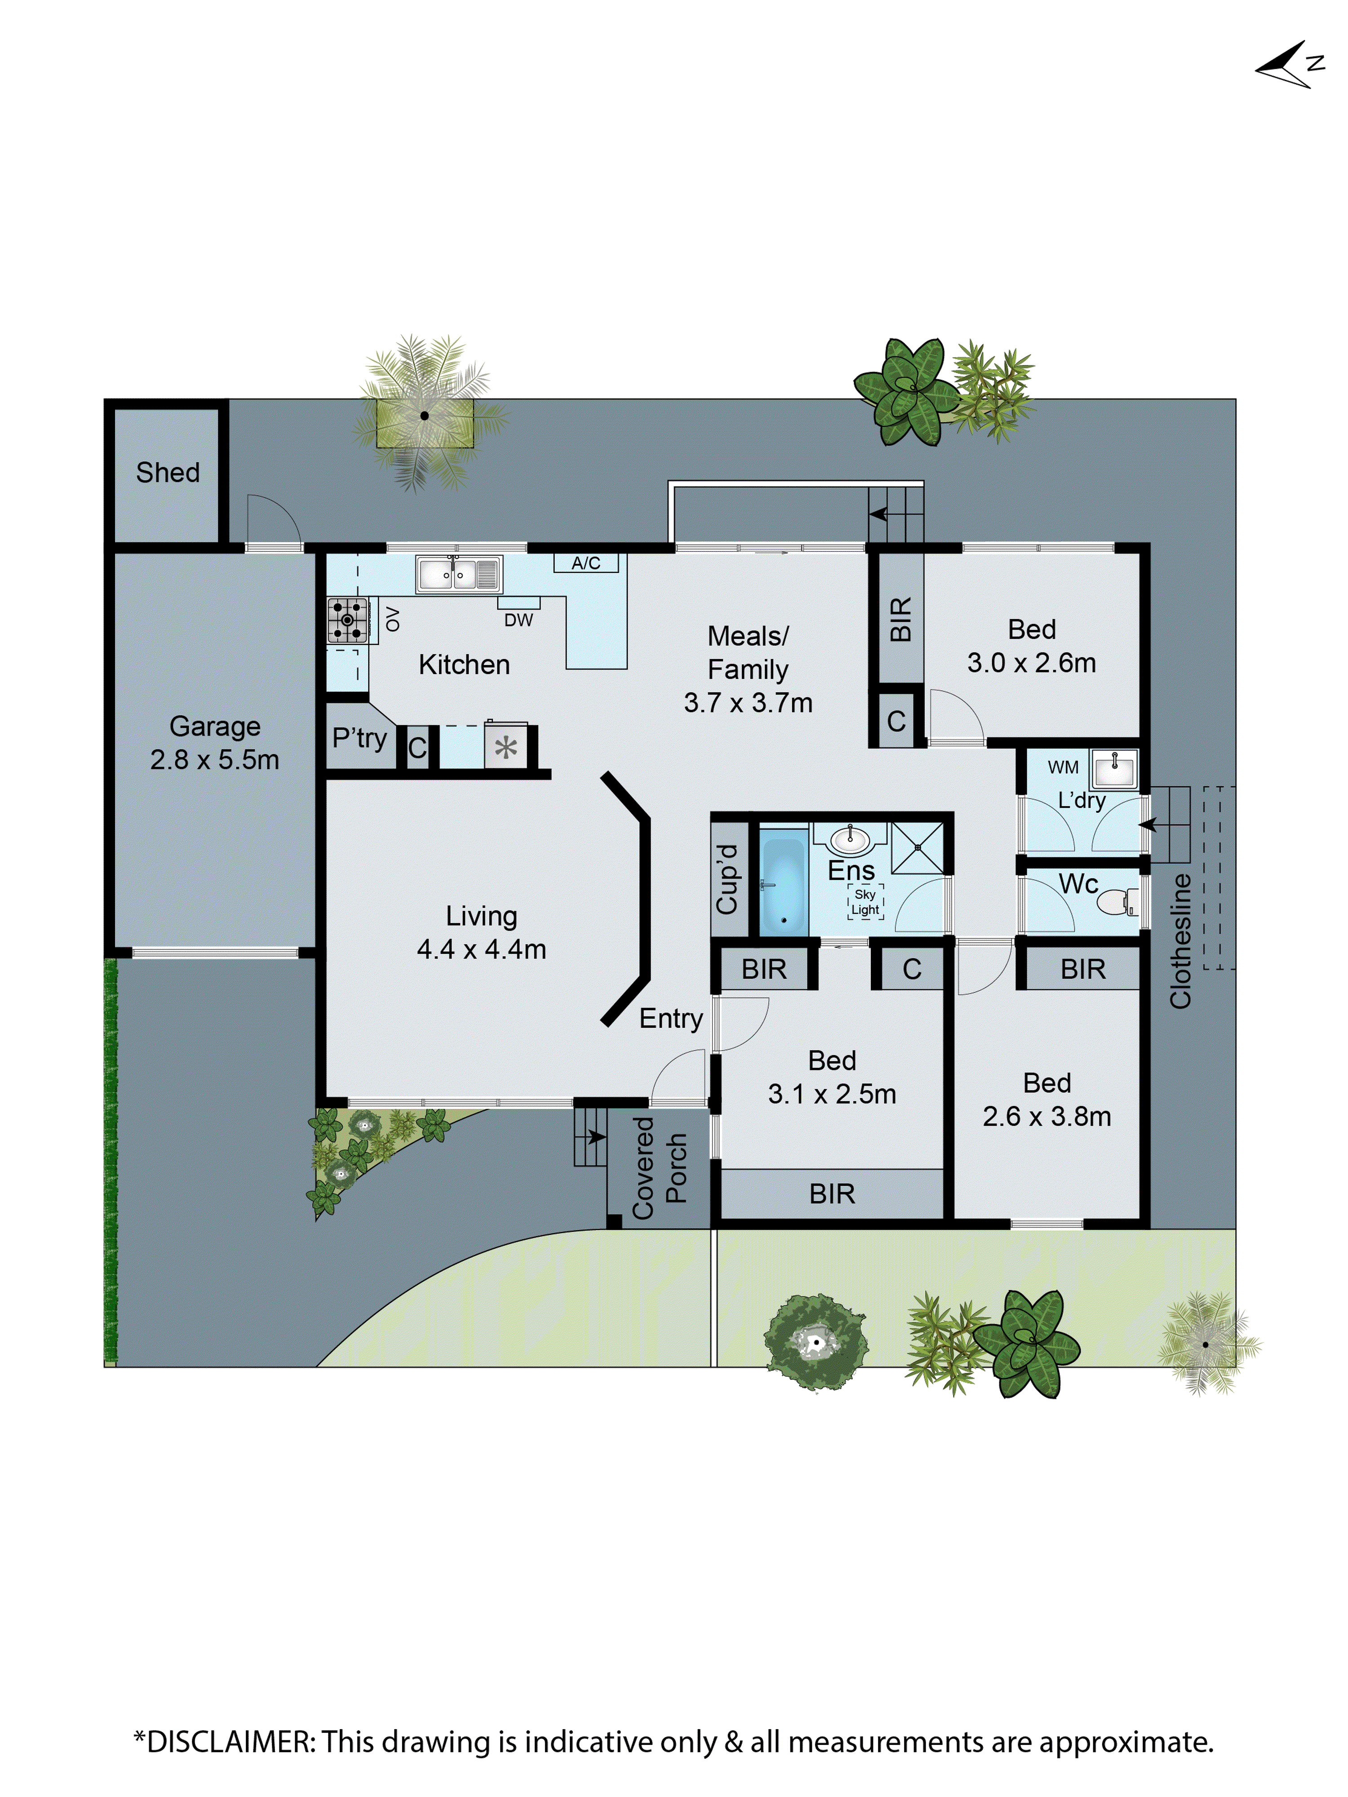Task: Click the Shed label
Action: (168, 472)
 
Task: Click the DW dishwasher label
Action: (519, 620)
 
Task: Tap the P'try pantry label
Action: (359, 738)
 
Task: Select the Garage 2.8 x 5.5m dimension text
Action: (214, 759)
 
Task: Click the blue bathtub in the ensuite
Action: (782, 886)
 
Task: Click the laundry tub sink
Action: (1114, 768)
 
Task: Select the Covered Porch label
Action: (659, 1167)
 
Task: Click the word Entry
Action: (670, 1018)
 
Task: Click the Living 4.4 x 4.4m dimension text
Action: (481, 949)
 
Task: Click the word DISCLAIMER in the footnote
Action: (230, 1742)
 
